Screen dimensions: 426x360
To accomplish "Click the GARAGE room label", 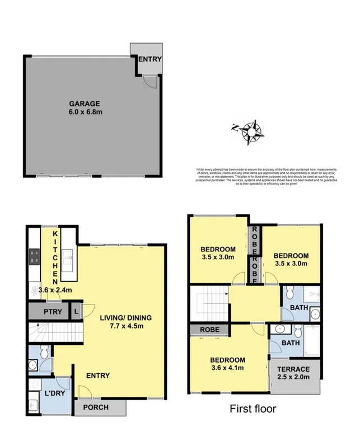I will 84,104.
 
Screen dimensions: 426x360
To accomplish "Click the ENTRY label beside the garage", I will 150,59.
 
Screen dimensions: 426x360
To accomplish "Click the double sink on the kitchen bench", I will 68,259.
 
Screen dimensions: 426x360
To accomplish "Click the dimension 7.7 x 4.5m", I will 125,327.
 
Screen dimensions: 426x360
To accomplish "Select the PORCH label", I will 95,407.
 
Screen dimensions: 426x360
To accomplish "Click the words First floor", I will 253,409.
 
